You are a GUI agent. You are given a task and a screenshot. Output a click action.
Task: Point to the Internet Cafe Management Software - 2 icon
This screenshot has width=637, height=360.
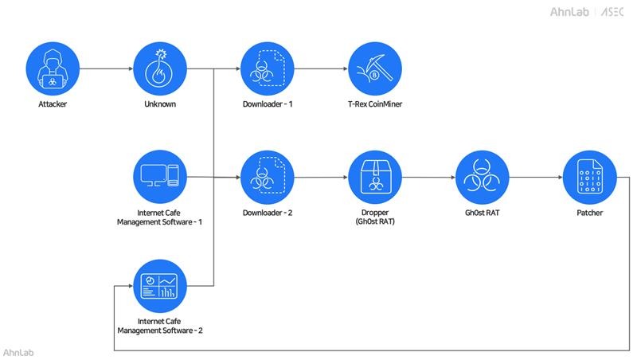click(159, 284)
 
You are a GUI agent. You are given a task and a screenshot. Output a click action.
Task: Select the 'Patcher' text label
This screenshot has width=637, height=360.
click(589, 213)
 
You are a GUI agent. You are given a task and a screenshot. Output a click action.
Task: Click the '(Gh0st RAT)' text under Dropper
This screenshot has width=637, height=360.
click(375, 221)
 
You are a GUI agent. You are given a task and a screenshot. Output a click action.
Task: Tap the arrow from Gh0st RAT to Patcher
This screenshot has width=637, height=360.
click(536, 177)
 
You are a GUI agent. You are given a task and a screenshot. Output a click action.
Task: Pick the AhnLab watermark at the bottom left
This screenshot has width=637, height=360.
click(18, 351)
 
